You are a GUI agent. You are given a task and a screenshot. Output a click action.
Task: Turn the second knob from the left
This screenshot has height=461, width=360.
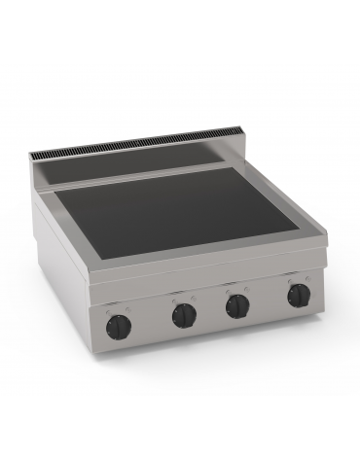(182, 314)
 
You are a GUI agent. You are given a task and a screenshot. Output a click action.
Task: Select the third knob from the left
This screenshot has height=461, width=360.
(235, 305)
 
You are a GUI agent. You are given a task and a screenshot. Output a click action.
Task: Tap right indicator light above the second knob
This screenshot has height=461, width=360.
(187, 294)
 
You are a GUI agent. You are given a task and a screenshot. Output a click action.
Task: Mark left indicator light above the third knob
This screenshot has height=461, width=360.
(231, 289)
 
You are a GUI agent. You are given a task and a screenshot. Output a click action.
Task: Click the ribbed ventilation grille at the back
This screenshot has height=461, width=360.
(146, 152)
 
